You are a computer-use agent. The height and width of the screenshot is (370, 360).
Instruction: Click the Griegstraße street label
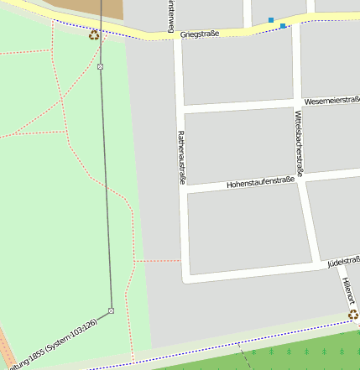200,34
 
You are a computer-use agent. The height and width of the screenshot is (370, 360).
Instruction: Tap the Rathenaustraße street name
180,157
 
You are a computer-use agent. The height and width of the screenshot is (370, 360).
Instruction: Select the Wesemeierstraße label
331,100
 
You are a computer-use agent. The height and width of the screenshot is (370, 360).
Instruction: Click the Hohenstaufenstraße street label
261,182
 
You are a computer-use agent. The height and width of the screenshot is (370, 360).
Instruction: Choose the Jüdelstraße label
342,263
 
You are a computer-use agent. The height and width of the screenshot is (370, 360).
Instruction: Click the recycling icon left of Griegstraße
93,34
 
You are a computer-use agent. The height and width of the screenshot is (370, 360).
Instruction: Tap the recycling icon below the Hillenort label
353,315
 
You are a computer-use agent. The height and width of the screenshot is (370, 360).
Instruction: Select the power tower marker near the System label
111,310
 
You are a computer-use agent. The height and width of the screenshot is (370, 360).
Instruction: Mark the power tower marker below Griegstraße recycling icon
100,65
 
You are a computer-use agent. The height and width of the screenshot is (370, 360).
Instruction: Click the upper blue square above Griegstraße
271,19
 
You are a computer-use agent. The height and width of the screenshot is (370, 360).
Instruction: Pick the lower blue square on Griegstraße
283,27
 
